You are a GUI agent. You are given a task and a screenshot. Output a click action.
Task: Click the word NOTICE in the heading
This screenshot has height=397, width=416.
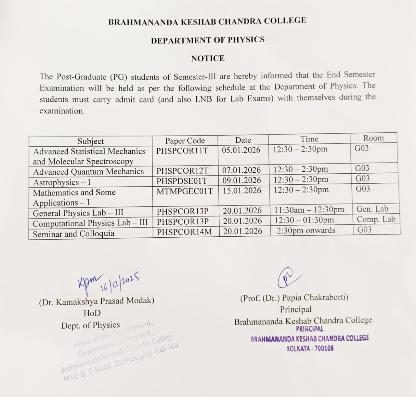[x=208, y=59]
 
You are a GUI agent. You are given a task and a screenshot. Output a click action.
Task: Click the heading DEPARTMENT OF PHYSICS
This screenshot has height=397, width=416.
[x=208, y=40]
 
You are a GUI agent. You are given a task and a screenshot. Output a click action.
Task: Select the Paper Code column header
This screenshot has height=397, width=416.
[x=185, y=141]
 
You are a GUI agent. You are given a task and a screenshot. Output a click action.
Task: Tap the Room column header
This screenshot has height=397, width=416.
[x=373, y=138]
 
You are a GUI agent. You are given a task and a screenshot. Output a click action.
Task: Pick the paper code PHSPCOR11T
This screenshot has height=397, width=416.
[x=182, y=151]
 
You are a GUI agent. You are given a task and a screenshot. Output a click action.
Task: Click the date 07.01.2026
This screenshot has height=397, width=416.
[x=241, y=170]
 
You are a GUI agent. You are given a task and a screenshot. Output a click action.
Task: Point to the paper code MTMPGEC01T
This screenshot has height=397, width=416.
[x=185, y=191]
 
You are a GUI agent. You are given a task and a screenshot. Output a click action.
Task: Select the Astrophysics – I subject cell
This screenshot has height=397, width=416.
[x=62, y=182]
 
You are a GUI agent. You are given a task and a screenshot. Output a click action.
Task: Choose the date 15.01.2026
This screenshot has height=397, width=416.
[x=242, y=191]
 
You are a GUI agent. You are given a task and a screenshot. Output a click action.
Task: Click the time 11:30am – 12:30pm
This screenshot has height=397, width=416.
[x=309, y=210]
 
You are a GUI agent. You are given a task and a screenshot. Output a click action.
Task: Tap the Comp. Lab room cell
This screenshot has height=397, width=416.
[x=376, y=219]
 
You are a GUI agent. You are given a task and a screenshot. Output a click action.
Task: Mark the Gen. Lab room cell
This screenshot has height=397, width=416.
[x=372, y=209]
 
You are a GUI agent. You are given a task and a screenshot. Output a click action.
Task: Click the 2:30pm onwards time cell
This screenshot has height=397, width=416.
[x=306, y=231]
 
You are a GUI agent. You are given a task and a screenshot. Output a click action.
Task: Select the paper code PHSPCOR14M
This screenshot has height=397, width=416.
[x=184, y=232]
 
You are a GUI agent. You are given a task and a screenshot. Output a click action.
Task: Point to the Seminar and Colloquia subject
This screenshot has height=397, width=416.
[x=73, y=234]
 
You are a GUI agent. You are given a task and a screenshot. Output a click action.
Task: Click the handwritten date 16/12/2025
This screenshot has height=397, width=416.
[x=120, y=282]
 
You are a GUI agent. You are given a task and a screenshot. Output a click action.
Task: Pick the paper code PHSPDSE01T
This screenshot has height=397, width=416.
[x=182, y=181]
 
